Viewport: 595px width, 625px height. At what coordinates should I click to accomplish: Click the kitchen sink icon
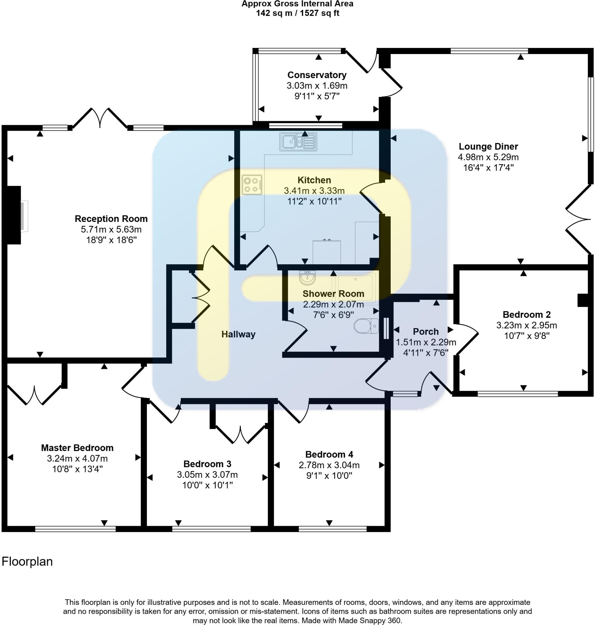point(298,142)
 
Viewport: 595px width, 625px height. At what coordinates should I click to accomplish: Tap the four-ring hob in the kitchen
point(252,185)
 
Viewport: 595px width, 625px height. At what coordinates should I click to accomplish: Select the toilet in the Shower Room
point(366,326)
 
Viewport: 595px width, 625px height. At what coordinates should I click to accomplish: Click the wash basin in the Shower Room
point(307,278)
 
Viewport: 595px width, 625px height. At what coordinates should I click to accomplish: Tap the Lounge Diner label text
point(488,147)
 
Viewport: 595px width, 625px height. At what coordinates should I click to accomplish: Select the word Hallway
point(238,334)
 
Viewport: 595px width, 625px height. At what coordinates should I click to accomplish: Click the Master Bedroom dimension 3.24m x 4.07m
point(77,458)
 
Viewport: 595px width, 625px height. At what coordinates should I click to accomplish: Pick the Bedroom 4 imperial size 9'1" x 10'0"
point(329,475)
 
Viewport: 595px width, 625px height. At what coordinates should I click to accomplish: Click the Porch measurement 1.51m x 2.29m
point(426,342)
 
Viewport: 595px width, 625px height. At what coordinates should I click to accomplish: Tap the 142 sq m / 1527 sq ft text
point(298,13)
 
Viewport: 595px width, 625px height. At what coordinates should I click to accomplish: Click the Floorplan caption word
point(27,562)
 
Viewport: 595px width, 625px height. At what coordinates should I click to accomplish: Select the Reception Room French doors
point(100,118)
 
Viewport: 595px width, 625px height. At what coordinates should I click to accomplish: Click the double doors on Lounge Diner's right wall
point(579,219)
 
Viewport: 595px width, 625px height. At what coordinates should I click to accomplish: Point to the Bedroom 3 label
point(207,464)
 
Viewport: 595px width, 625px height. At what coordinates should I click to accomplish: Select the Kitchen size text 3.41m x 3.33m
point(314,191)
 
